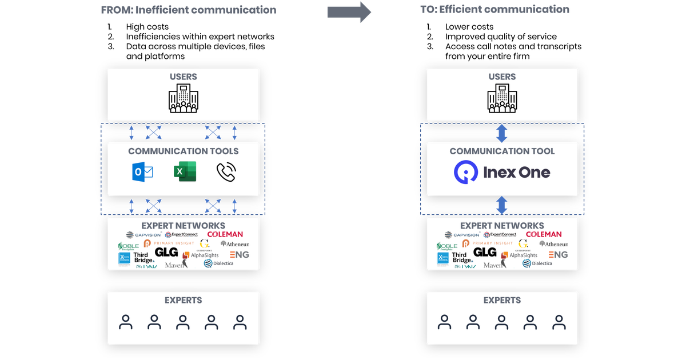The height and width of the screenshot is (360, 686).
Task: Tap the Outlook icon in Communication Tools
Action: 142,172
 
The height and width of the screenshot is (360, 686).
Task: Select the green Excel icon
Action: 185,172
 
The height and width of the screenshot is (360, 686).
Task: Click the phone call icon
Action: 226,172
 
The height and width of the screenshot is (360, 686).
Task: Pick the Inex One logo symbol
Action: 466,172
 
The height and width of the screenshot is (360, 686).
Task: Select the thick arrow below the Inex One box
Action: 502,204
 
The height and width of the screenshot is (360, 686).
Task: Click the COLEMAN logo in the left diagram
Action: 225,234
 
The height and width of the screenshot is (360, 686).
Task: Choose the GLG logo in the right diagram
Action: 485,252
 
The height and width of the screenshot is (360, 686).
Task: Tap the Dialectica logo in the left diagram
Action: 219,263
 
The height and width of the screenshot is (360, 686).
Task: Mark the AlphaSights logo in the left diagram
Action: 200,255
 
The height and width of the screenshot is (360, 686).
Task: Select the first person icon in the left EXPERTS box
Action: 126,323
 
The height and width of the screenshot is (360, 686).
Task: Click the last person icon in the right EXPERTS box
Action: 559,323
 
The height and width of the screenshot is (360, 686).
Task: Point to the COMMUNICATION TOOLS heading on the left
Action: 183,151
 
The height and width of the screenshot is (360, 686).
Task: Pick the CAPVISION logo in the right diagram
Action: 462,235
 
